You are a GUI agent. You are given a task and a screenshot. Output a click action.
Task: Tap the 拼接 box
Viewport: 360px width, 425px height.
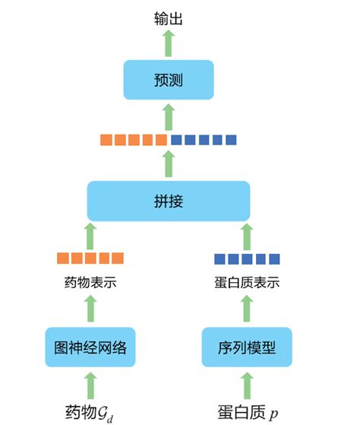tap(169, 201)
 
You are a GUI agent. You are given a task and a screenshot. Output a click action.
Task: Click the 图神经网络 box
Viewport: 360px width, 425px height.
tap(90, 348)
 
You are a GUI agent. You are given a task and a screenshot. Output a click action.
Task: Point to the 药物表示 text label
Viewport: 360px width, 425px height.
tap(90, 284)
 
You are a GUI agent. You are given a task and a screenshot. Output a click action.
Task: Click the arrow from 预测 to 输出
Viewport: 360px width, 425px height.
tap(169, 43)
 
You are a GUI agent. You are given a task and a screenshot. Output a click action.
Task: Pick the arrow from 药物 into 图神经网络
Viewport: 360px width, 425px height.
tap(90, 385)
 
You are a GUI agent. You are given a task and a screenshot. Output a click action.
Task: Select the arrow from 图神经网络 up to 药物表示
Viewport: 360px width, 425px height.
tap(90, 309)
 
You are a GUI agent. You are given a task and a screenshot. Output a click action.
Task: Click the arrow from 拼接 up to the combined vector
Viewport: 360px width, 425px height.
tap(169, 163)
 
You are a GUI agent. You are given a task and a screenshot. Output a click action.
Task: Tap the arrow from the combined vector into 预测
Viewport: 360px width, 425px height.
tap(169, 117)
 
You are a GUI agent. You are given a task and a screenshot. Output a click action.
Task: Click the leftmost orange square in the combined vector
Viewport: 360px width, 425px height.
tap(106, 140)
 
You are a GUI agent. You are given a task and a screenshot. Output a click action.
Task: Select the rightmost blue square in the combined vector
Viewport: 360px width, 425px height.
tap(231, 140)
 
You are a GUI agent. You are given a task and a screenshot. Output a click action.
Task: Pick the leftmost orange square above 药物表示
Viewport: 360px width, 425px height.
tap(63, 258)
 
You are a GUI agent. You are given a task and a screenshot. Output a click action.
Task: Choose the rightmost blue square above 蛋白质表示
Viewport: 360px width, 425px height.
tap(274, 258)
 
